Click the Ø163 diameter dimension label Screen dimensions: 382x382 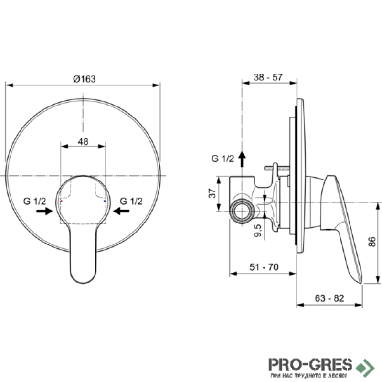tap(85, 79)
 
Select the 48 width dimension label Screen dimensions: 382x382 tap(83, 141)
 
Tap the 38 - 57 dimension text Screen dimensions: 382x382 tap(268, 77)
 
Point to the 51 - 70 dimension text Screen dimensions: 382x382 tap(264, 267)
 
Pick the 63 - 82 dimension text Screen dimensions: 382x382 tap(329, 298)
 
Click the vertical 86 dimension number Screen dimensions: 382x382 tap(372, 242)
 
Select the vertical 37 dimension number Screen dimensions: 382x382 tap(212, 193)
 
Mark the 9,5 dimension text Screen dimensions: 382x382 tap(257, 231)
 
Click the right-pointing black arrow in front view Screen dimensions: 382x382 tap(44, 211)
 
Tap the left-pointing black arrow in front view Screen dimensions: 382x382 tap(121, 211)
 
